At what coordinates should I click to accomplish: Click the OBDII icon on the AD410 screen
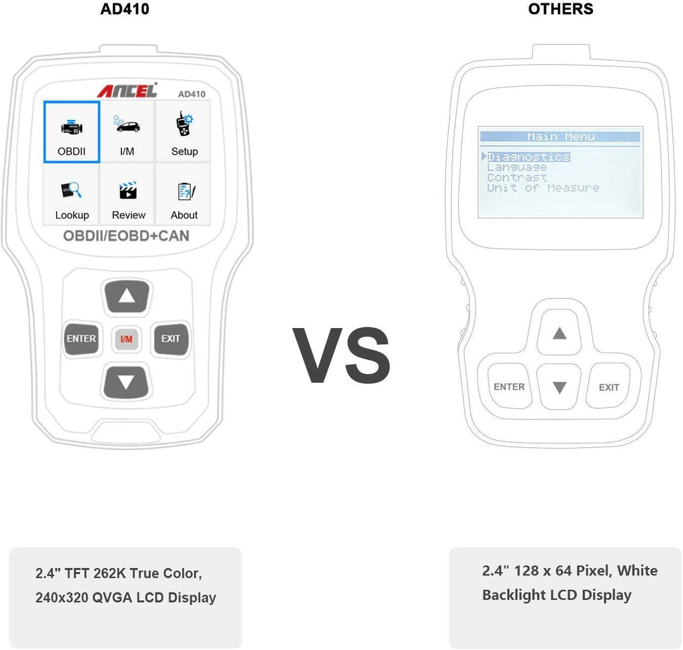point(71,131)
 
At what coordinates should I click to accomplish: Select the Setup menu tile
point(183,131)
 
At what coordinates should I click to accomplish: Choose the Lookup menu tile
point(71,195)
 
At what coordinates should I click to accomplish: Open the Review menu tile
point(128,195)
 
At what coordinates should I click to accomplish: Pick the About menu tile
point(184,195)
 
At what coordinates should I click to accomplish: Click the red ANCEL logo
point(127,91)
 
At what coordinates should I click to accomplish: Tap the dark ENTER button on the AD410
point(81,339)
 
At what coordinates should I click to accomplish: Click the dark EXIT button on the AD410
point(171,339)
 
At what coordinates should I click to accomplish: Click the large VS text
point(341,354)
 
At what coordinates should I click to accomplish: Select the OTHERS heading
point(560,9)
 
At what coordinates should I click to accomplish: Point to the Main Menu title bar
point(560,137)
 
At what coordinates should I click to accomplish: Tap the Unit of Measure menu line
point(543,188)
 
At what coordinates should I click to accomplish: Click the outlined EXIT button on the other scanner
point(608,387)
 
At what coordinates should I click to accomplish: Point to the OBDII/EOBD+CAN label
point(126,236)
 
